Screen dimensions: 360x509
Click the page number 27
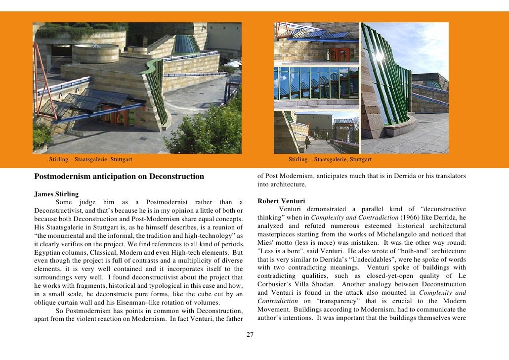pyautogui.click(x=250, y=335)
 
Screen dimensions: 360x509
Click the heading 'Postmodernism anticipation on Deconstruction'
pyautogui.click(x=119, y=177)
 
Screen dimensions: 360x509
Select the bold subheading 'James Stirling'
pyautogui.click(x=56, y=193)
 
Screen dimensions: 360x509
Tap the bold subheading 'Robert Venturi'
pyautogui.click(x=281, y=201)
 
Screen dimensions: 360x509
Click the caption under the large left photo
pyautogui.click(x=90, y=159)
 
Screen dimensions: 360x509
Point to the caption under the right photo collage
pyautogui.click(x=330, y=159)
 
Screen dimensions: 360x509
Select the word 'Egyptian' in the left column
pyautogui.click(x=48, y=252)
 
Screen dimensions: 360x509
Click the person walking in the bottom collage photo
pyautogui.click(x=307, y=142)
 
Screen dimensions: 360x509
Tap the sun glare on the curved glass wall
pyautogui.click(x=379, y=56)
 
